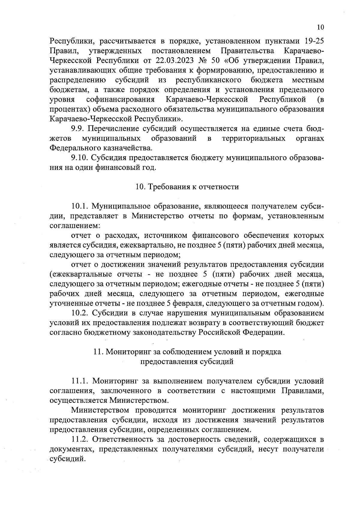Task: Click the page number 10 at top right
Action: click(320, 27)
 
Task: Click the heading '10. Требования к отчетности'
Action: click(187, 187)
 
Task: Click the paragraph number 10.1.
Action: click(80, 206)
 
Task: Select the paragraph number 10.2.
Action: click(80, 313)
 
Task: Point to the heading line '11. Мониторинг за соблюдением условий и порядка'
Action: click(187, 352)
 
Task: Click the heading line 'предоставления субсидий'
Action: click(187, 361)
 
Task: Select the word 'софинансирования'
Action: click(120, 99)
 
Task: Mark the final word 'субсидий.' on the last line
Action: click(66, 459)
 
